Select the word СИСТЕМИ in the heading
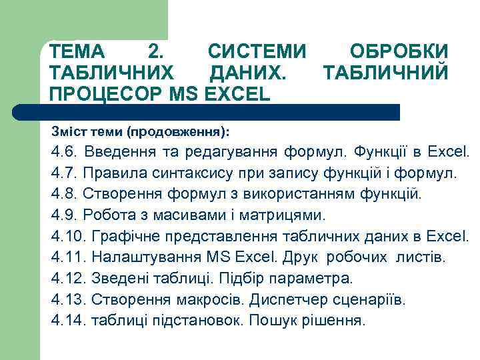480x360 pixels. point(257,51)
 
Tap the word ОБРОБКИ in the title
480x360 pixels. point(399,51)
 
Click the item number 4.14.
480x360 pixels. point(68,319)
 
